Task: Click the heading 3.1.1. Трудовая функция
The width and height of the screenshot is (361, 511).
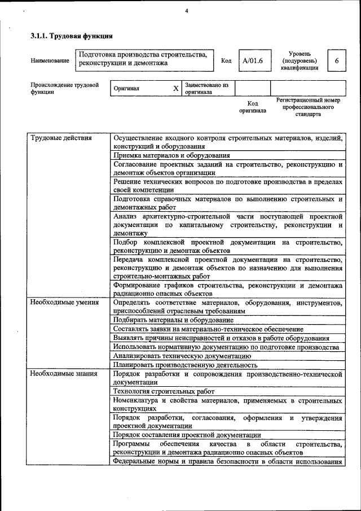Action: [72, 36]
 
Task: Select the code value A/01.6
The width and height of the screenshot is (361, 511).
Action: [252, 60]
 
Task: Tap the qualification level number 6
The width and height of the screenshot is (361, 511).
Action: [337, 60]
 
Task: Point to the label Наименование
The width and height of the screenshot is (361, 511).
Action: [50, 60]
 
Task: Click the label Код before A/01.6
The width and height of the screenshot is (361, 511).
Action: [226, 60]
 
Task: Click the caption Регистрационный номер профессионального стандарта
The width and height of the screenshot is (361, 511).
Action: [307, 107]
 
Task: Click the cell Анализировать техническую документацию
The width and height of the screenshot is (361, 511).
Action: [182, 356]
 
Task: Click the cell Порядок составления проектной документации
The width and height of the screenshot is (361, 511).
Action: [187, 435]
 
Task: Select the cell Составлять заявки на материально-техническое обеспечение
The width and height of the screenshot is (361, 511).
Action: [208, 329]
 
